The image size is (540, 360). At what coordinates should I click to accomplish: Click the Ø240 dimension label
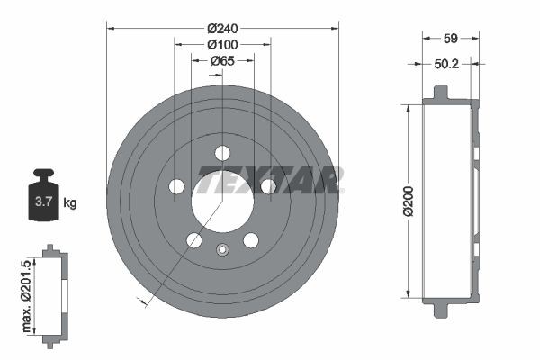[x=222, y=27]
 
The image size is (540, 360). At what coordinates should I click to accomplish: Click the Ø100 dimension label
[x=222, y=44]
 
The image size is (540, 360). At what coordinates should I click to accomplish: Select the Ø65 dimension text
[x=222, y=61]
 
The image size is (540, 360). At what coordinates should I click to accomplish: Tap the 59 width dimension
[x=453, y=39]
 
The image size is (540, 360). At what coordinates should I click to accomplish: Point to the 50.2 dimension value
[x=445, y=64]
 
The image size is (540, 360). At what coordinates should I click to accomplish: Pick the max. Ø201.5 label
[x=26, y=292]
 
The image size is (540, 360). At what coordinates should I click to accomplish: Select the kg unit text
[x=70, y=203]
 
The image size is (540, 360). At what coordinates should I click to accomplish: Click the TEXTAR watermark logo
[x=269, y=180]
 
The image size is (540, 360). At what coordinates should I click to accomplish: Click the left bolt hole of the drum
[x=176, y=186]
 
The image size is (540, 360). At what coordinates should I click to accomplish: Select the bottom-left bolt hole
[x=193, y=239]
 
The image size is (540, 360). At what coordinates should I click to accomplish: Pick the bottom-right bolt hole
[x=251, y=239]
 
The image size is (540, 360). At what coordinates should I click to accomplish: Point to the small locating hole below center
[x=223, y=249]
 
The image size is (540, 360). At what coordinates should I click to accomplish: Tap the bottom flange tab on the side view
[x=439, y=310]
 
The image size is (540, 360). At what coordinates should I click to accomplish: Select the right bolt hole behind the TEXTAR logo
[x=268, y=186]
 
